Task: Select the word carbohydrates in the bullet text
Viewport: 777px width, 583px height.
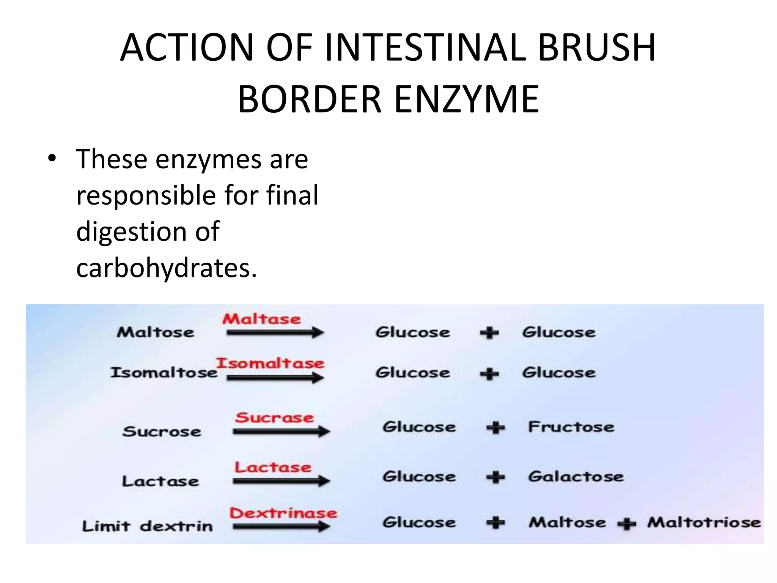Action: point(167,268)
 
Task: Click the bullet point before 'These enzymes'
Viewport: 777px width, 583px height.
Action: point(52,158)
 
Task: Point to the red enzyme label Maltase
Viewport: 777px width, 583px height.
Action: point(261,319)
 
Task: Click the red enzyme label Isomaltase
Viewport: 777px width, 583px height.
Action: point(270,363)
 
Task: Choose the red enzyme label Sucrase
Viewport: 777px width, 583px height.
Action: point(274,418)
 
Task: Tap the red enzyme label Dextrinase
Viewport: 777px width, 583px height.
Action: point(283,513)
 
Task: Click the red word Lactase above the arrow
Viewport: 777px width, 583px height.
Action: point(273,467)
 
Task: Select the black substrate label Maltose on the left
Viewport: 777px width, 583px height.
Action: point(155,332)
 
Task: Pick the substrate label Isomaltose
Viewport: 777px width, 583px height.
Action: point(164,373)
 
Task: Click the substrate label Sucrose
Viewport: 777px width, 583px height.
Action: point(162,432)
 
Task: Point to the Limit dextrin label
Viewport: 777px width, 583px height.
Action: point(147,526)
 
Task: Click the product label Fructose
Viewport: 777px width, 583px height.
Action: point(571,427)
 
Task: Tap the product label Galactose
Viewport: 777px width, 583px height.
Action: point(576,477)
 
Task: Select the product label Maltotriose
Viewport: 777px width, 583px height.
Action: point(704,523)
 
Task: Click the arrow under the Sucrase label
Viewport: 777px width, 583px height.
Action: point(281,432)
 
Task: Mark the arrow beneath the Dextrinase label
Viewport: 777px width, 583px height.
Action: point(281,527)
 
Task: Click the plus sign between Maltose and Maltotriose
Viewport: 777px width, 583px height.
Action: point(626,524)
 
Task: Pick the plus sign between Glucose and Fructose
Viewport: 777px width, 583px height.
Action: point(495,428)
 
